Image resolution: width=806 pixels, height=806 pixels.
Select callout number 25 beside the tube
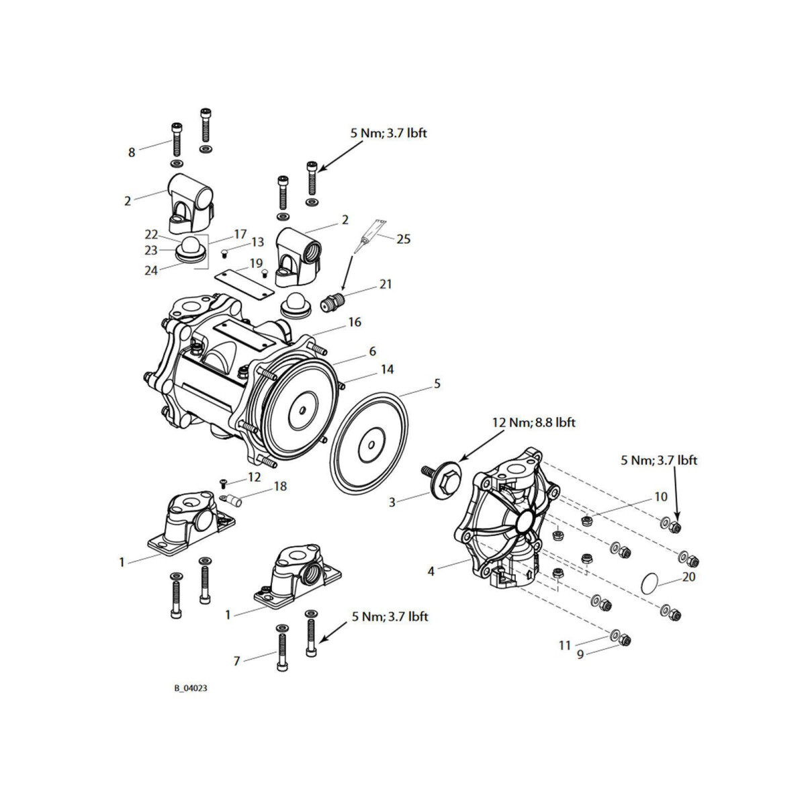(404, 239)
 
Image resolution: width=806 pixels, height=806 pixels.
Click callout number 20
(688, 576)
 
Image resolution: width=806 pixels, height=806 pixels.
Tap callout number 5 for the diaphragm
(437, 384)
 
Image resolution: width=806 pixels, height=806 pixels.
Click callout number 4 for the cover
(431, 572)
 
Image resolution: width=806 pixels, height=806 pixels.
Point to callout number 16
(355, 322)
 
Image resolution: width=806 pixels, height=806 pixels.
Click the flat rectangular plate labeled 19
(240, 279)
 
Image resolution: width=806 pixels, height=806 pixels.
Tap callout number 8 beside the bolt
(132, 152)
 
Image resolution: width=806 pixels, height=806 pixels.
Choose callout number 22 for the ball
(150, 234)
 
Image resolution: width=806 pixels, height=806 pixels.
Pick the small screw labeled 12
(224, 482)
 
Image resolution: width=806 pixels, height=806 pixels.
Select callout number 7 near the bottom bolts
(236, 662)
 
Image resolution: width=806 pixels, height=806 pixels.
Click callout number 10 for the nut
(661, 497)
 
